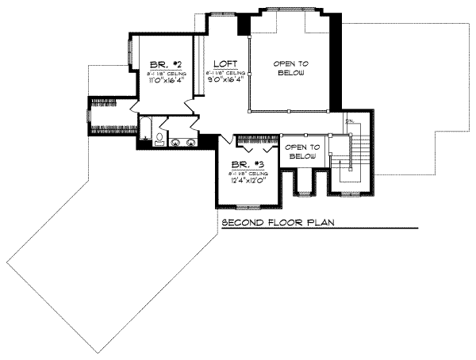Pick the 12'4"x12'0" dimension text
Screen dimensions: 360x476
tap(246, 180)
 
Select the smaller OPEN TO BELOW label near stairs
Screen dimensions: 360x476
tap(301, 151)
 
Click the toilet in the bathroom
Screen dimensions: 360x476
tap(159, 140)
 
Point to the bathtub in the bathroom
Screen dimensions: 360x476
tap(145, 128)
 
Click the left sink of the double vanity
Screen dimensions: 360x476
tap(176, 143)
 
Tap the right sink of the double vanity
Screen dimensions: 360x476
tap(192, 143)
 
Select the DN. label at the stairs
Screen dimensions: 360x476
tap(348, 121)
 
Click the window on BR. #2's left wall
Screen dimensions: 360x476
tap(129, 59)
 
